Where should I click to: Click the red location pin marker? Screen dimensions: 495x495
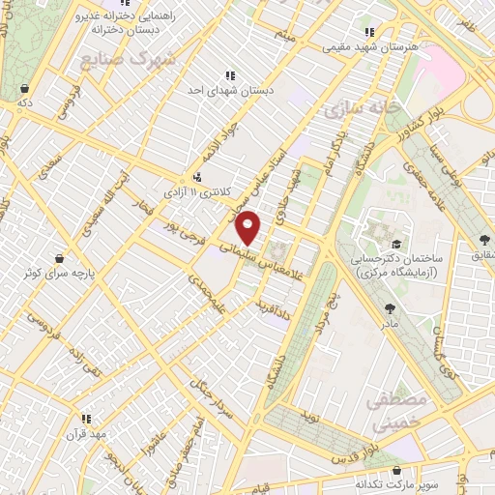point(248,226)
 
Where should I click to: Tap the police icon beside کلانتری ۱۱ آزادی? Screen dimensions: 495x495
point(197,177)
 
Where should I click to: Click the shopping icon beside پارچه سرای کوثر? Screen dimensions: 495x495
point(61,259)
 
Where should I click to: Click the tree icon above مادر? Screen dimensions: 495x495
point(390,309)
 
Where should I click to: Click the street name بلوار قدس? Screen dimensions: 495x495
point(354,451)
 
